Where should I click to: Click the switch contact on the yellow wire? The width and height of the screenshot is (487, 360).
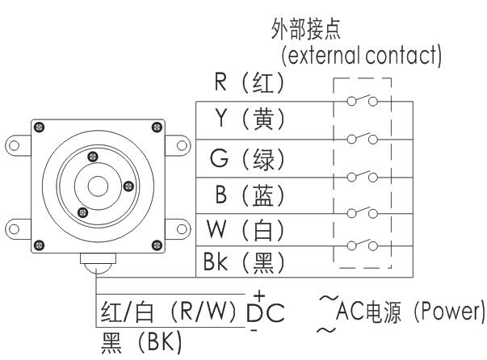click(x=362, y=138)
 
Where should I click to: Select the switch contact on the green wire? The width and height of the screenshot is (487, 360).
click(x=362, y=174)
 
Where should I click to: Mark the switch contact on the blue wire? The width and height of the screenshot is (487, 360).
click(x=362, y=211)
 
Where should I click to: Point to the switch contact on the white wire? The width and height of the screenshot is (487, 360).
click(x=362, y=245)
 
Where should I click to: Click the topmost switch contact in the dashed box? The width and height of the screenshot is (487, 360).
click(x=362, y=101)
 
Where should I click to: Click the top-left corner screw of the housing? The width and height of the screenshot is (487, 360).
click(x=38, y=126)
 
